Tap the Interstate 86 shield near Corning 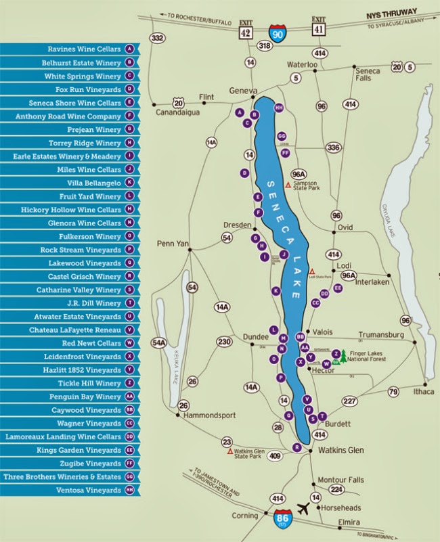(283, 518)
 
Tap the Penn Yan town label (172, 243)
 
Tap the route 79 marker (393, 391)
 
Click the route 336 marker (333, 147)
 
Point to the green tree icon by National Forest (344, 356)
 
